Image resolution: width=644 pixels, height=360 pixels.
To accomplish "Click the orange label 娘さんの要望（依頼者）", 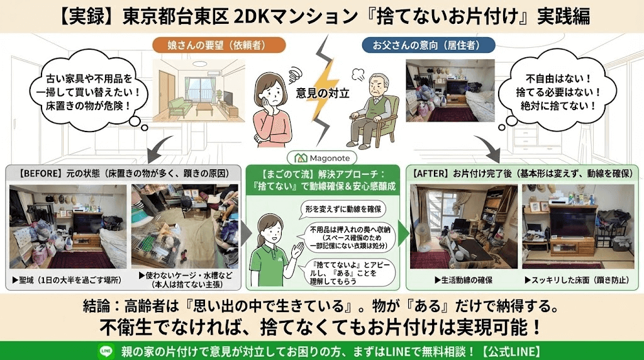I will click(x=219, y=45).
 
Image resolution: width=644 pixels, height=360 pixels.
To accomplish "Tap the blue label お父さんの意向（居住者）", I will click(x=428, y=45).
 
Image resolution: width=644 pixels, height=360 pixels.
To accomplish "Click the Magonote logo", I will click(x=321, y=158).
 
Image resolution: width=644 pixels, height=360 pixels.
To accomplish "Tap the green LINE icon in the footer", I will click(x=104, y=350).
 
